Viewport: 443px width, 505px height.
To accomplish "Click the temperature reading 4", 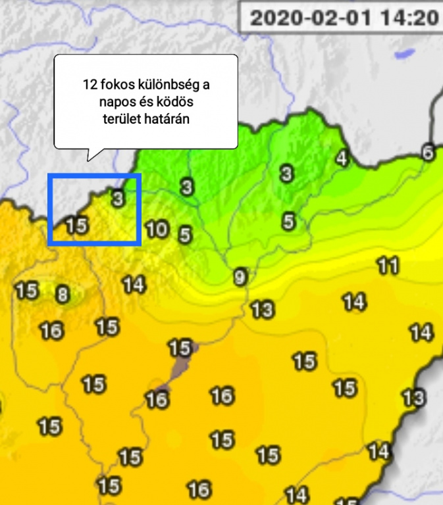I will [x=341, y=158].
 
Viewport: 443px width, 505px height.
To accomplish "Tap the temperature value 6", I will [x=428, y=153].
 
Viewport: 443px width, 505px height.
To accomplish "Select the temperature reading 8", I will [x=62, y=295].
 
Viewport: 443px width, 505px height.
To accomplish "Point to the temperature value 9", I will [x=240, y=277].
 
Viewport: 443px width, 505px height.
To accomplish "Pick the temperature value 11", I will [x=388, y=266].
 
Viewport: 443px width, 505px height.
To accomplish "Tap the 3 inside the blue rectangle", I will [x=117, y=198].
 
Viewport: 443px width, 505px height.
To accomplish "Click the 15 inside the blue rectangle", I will [x=76, y=225].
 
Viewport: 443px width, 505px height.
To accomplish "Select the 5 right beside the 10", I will [x=185, y=233].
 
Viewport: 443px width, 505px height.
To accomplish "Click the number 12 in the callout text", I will [x=90, y=85].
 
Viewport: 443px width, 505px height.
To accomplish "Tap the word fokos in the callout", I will [x=118, y=85].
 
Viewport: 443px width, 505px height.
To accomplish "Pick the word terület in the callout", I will [x=122, y=119].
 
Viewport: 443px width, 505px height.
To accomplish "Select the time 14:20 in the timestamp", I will [x=408, y=18].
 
